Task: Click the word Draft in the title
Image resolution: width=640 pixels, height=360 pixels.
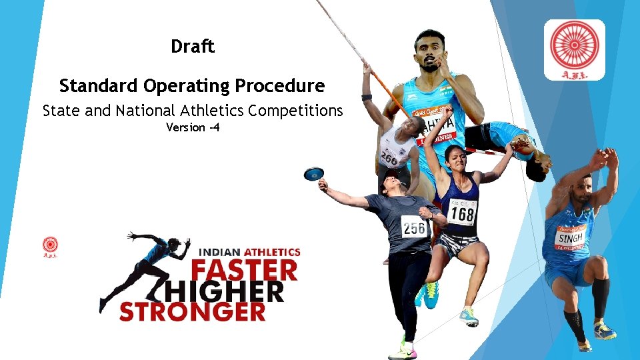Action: (193, 47)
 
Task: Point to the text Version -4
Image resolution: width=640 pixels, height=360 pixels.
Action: (193, 127)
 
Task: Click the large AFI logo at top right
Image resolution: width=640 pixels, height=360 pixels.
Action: (574, 49)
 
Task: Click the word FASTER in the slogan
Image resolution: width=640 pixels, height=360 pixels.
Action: (244, 271)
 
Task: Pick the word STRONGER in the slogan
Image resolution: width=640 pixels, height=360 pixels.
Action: (193, 311)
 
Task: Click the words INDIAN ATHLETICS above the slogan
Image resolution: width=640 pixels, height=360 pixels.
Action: (251, 253)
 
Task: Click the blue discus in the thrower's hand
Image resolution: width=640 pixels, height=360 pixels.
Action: (313, 174)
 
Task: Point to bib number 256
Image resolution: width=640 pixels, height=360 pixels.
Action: (414, 228)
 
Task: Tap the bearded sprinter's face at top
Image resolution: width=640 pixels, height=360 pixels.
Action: (431, 52)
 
